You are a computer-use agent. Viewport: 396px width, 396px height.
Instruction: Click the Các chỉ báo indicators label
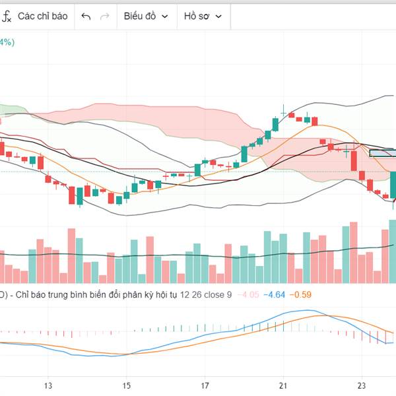click(x=42, y=16)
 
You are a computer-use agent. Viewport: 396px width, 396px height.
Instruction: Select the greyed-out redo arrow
click(x=104, y=16)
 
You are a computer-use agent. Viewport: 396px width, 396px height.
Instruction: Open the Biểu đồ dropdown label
click(x=140, y=16)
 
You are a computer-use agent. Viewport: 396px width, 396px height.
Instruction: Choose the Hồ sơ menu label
click(x=196, y=16)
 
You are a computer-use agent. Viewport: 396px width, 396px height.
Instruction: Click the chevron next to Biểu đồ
click(x=164, y=16)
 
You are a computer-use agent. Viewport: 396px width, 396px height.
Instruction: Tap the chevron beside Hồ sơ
click(x=218, y=16)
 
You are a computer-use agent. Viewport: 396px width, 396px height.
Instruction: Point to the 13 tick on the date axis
click(x=48, y=385)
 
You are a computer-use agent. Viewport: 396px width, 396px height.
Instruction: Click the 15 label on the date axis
click(x=126, y=385)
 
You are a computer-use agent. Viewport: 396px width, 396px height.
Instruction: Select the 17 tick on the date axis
click(x=205, y=385)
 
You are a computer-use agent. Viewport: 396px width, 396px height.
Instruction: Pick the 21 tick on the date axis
click(x=283, y=385)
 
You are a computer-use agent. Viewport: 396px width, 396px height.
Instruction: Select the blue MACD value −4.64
click(x=274, y=294)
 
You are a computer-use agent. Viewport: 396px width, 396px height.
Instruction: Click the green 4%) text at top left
click(x=7, y=43)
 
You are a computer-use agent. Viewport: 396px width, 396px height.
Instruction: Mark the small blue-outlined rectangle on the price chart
click(x=383, y=153)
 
